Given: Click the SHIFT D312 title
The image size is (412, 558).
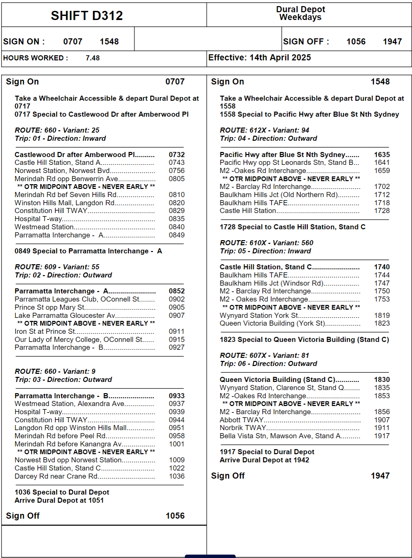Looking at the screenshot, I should pyautogui.click(x=87, y=16).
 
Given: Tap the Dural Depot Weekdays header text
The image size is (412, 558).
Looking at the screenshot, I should pyautogui.click(x=300, y=13).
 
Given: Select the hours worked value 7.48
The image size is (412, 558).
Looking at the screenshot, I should pyautogui.click(x=93, y=58).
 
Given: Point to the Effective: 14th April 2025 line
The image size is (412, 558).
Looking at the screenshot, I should pyautogui.click(x=259, y=58).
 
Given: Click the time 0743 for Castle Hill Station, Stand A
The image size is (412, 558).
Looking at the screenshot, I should pyautogui.click(x=177, y=162).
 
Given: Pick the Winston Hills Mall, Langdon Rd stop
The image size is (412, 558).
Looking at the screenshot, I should pyautogui.click(x=64, y=203).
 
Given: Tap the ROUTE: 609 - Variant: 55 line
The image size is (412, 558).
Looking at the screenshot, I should pyautogui.click(x=57, y=267).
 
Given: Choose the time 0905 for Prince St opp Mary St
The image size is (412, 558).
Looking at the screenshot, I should pyautogui.click(x=177, y=307).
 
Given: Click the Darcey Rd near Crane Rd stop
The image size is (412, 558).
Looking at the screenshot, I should pyautogui.click(x=56, y=476).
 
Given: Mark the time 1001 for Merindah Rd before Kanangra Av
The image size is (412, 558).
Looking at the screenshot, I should pyautogui.click(x=177, y=444).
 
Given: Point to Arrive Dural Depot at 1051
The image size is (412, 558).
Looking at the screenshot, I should pyautogui.click(x=59, y=500).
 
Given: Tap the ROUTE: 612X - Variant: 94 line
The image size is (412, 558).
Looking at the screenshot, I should pyautogui.click(x=264, y=130).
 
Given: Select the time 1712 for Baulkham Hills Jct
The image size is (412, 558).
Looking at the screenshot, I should pyautogui.click(x=382, y=195).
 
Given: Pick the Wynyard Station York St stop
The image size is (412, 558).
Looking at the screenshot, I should pyautogui.click(x=259, y=315).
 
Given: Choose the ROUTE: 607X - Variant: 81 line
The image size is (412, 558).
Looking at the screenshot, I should pyautogui.click(x=264, y=355).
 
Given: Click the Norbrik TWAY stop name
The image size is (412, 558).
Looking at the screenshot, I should pyautogui.click(x=243, y=428).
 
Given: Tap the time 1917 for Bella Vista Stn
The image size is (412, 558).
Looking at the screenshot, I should pyautogui.click(x=382, y=436).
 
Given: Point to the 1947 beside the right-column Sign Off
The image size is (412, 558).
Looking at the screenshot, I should pyautogui.click(x=380, y=476).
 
